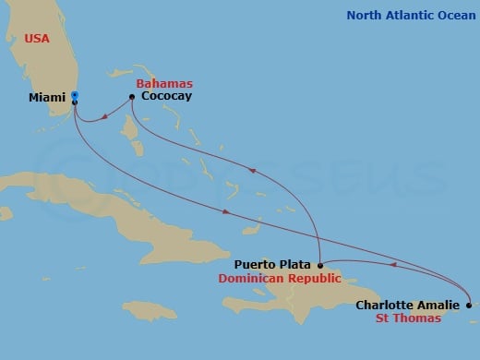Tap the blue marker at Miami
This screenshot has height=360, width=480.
point(75,95)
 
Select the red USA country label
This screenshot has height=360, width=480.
point(29,40)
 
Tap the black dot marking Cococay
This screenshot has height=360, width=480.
point(132,95)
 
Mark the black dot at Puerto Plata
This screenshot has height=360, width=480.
point(320,265)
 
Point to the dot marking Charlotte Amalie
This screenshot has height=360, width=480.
point(468,306)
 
